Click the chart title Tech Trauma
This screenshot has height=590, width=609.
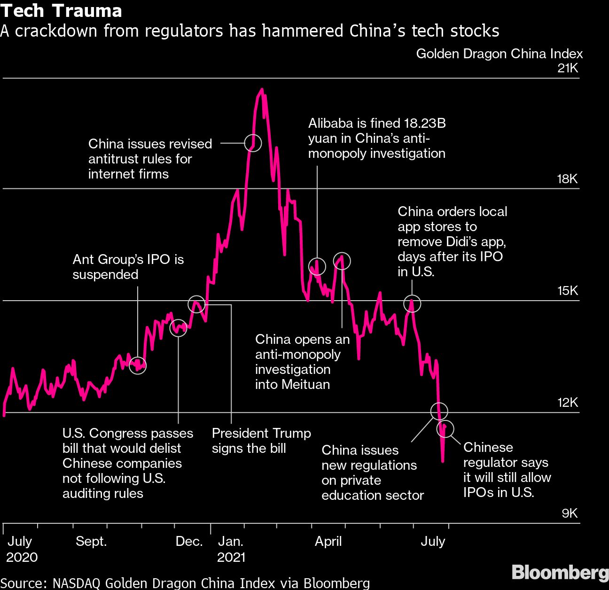coord(61,10)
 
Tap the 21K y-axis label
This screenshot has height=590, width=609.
coord(568,69)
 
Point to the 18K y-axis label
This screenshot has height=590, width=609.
coord(568,179)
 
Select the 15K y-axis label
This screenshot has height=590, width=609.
coord(568,291)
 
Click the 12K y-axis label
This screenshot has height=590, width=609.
coord(568,403)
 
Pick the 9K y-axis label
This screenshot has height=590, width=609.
coord(570,513)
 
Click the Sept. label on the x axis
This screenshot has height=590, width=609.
coord(91,542)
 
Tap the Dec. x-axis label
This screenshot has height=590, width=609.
coord(189,542)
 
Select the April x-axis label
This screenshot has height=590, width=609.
coord(328,542)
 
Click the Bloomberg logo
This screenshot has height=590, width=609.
coord(560,573)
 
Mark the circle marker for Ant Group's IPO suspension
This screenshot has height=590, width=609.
coord(138,365)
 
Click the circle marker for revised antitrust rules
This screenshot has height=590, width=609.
coord(253,142)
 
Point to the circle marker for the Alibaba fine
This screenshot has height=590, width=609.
coord(317,266)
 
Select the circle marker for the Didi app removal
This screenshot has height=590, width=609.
coord(412,304)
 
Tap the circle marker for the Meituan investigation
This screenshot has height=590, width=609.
coord(342,261)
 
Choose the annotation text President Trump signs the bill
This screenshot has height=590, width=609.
coord(261,441)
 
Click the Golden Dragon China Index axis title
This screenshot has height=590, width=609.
coord(499,54)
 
